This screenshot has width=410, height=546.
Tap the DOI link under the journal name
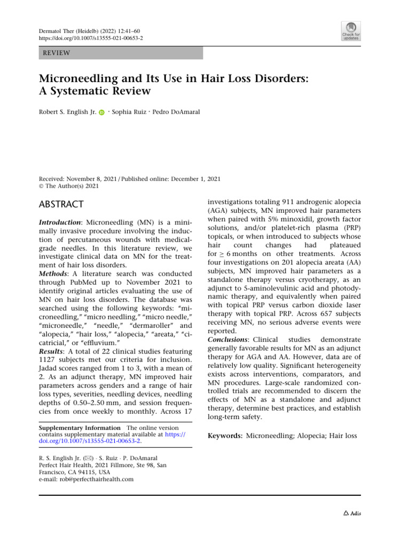[x=91, y=39]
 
